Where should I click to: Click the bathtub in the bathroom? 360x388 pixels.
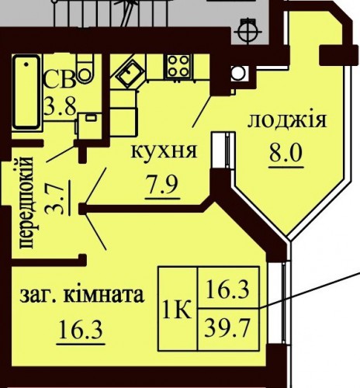[26, 92]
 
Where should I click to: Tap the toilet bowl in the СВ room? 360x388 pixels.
[85, 69]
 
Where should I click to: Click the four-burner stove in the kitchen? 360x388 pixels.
[178, 66]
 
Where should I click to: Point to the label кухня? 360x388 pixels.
[164, 151]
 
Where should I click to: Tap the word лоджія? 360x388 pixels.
[287, 120]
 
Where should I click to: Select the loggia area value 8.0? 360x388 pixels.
[286, 153]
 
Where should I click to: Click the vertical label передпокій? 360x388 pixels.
[26, 203]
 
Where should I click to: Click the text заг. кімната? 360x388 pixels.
[82, 295]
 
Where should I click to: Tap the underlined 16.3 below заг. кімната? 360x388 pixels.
[81, 329]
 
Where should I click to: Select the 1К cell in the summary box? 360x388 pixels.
[177, 309]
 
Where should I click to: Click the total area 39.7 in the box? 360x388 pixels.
[227, 328]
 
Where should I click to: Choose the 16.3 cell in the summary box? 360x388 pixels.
[228, 289]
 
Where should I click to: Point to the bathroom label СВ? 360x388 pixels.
[60, 79]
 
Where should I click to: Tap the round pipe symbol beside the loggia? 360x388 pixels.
[238, 73]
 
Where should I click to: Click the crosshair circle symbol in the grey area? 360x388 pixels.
[247, 32]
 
